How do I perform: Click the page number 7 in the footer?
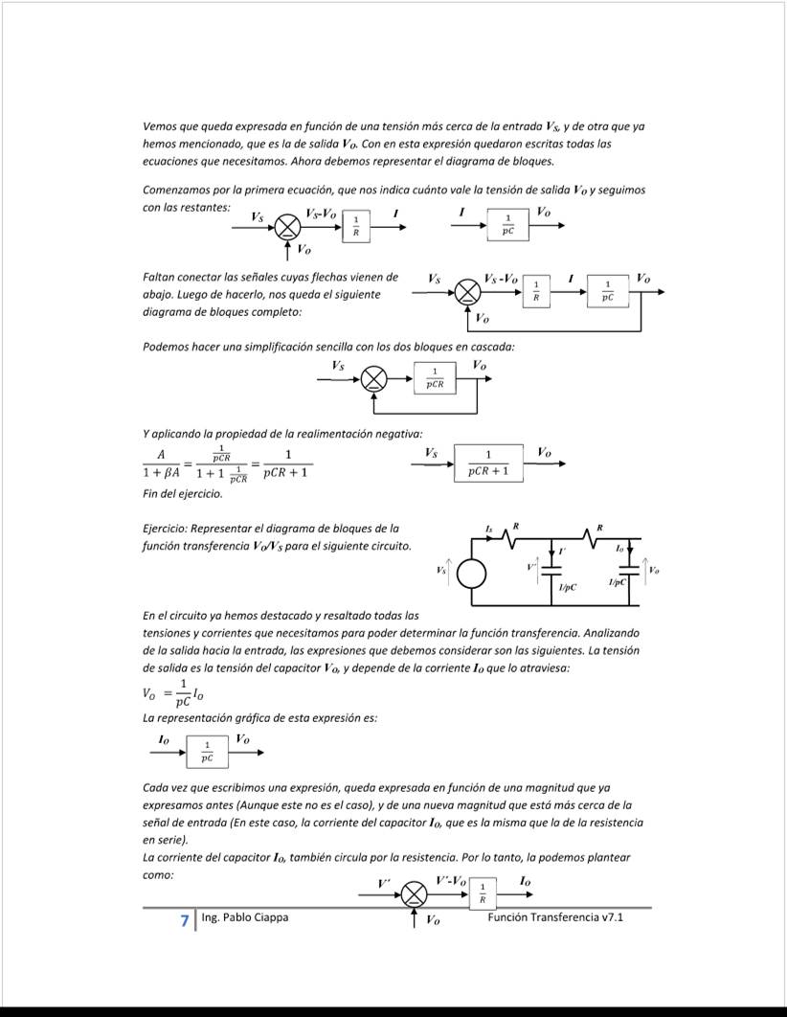pos(184,920)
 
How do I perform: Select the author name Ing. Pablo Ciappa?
pos(244,917)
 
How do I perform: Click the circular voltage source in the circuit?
pos(471,574)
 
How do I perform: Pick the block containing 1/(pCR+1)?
pos(488,463)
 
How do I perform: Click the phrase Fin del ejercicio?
pos(182,494)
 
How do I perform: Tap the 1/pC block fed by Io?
pos(207,753)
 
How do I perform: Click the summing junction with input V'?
pos(414,894)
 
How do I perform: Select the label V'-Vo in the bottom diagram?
pos(451,880)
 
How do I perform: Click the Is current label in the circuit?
pos(488,529)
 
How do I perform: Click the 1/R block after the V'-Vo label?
pos(482,894)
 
